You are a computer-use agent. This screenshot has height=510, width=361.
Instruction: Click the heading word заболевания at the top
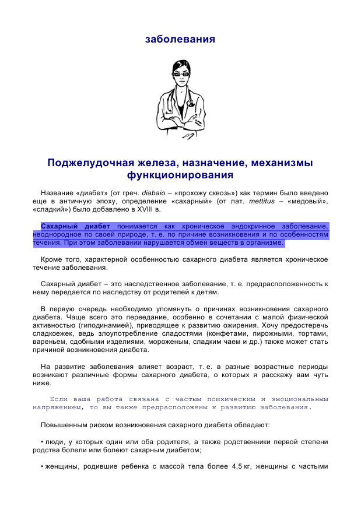pos(180,39)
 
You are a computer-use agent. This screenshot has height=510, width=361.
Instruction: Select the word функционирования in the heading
pos(180,175)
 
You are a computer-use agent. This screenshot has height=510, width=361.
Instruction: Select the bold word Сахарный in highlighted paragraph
pos(60,226)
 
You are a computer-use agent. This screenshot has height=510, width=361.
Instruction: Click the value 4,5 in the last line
pos(233,467)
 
